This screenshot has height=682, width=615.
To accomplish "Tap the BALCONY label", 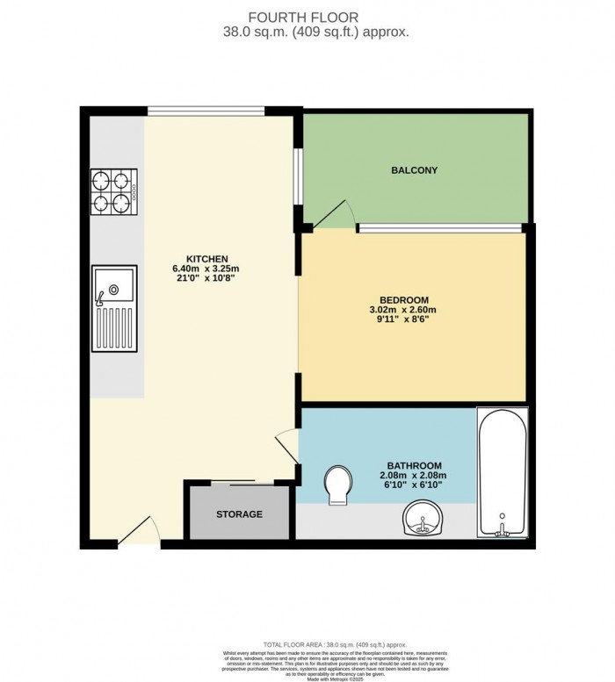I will (x=415, y=170).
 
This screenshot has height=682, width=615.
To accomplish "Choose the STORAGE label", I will (x=239, y=513).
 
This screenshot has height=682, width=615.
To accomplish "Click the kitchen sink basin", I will (x=113, y=288).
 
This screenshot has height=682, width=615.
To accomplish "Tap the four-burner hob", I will (x=113, y=192).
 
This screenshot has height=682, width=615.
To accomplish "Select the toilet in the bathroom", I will (x=336, y=485).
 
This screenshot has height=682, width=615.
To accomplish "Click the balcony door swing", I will (x=336, y=213).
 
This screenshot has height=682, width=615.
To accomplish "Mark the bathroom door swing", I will (x=286, y=445).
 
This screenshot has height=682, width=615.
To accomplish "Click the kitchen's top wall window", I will (x=206, y=111).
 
